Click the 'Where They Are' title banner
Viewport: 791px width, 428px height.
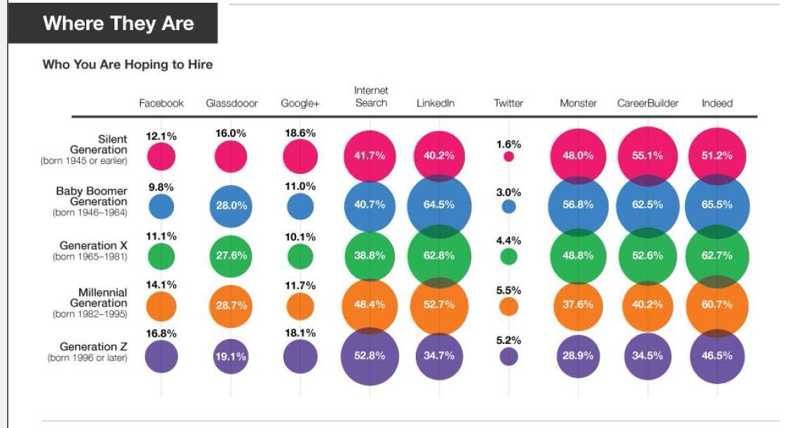[118, 23]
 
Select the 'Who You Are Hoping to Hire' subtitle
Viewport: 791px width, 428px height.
[128, 65]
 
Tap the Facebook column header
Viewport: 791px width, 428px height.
[161, 104]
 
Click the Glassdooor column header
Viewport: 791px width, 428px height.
[231, 104]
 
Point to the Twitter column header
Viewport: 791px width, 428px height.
[508, 104]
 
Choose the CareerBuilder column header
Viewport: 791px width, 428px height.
[647, 104]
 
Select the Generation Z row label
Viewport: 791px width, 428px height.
[88, 352]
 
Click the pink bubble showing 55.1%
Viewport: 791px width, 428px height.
[647, 156]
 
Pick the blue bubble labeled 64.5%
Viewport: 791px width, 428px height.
[438, 205]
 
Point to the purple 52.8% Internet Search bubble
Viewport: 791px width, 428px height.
[370, 356]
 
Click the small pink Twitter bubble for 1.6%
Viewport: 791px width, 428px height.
[509, 156]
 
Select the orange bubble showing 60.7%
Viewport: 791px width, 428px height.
[717, 305]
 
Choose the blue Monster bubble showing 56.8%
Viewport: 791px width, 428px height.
[579, 205]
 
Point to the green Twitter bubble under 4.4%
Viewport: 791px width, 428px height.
[509, 256]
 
